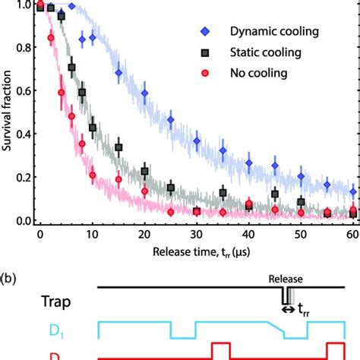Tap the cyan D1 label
pyautogui.click(x=30, y=330)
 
